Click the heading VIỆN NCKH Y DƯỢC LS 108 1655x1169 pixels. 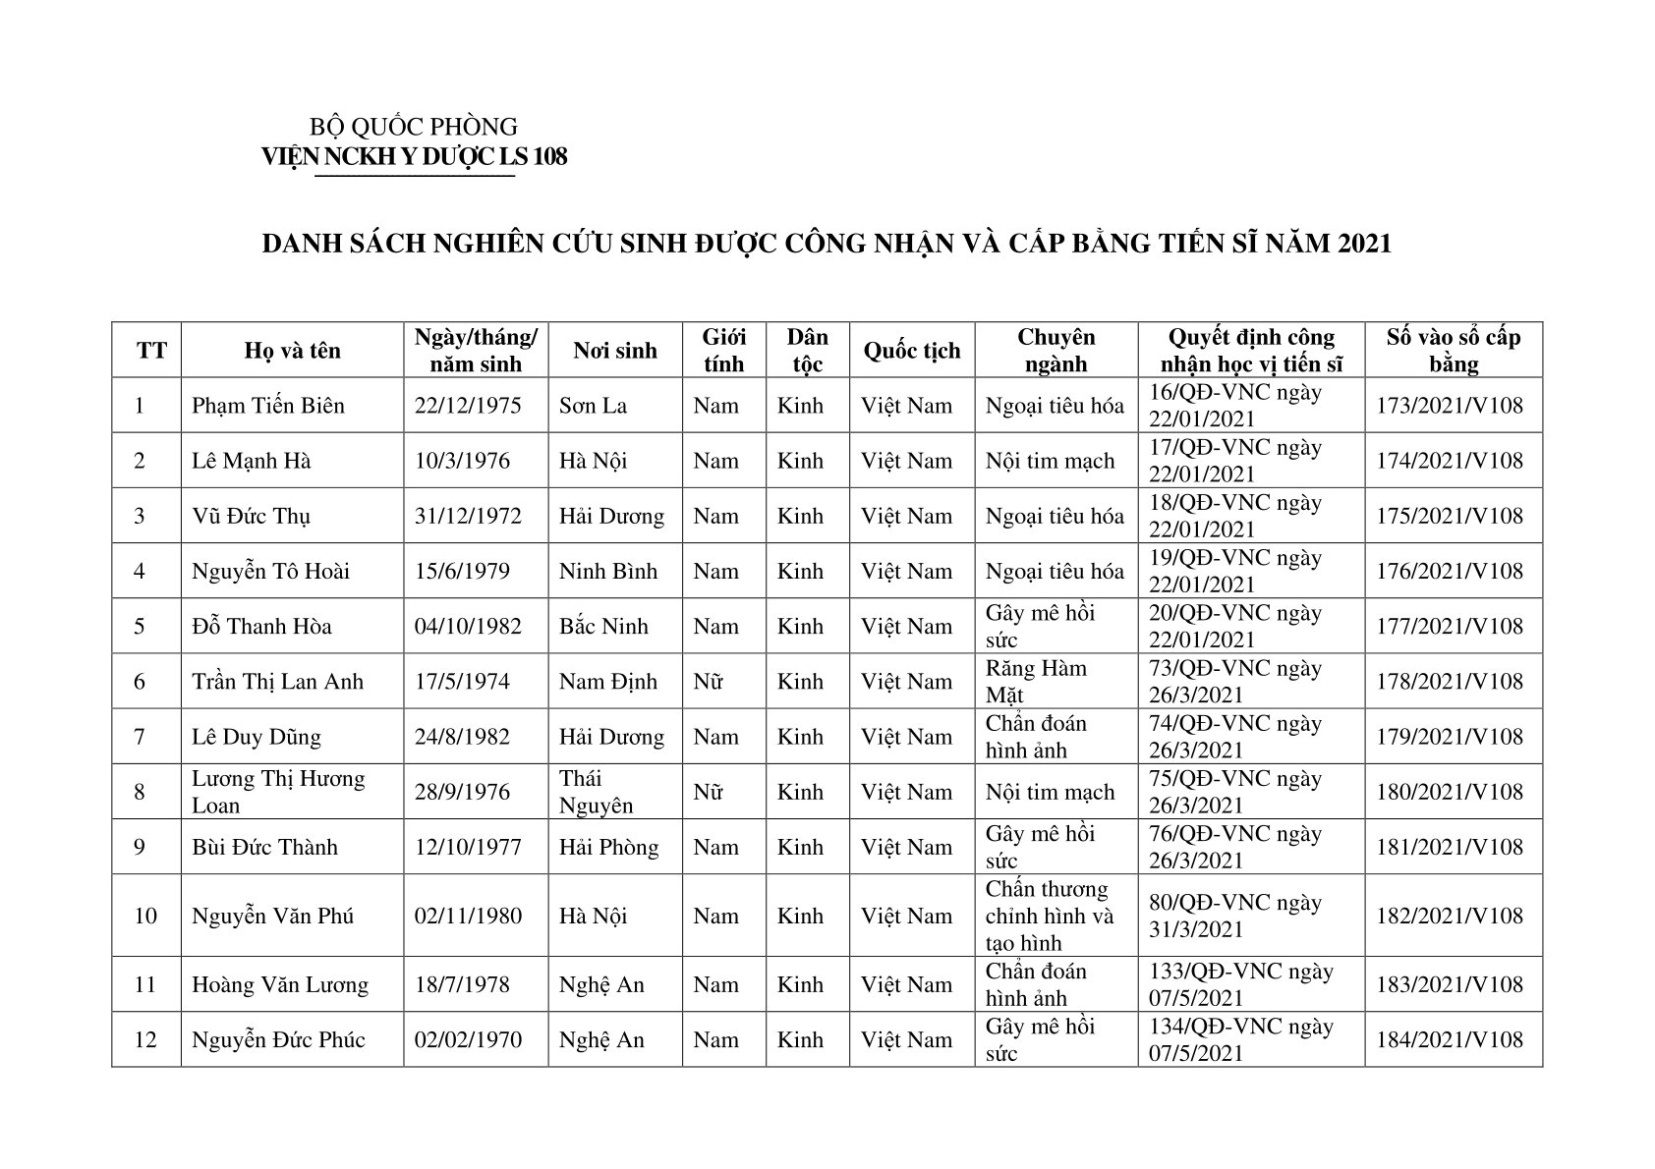click(x=414, y=157)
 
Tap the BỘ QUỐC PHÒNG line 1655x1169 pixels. click(x=414, y=127)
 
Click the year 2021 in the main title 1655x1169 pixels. click(x=1364, y=244)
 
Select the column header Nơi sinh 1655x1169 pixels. click(x=615, y=351)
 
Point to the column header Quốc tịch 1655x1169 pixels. click(x=912, y=351)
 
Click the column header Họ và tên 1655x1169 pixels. click(x=292, y=351)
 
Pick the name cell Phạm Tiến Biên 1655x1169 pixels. click(x=268, y=406)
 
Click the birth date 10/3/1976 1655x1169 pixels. click(x=462, y=461)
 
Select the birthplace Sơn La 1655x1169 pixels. click(x=593, y=406)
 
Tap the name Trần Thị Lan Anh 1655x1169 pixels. click(x=277, y=682)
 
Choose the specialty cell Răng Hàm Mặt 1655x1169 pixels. click(x=1036, y=682)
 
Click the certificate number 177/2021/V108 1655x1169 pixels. click(x=1450, y=627)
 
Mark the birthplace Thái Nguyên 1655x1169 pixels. click(x=597, y=792)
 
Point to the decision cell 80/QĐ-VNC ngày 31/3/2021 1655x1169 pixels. click(x=1235, y=916)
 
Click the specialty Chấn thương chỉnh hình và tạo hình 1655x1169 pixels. click(x=1050, y=916)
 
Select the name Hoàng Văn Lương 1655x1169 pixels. click(x=280, y=984)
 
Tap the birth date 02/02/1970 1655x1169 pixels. click(x=468, y=1039)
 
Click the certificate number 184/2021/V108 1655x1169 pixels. click(x=1450, y=1039)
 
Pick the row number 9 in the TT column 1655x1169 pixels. click(x=140, y=847)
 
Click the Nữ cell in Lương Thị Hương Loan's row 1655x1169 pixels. click(x=708, y=792)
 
